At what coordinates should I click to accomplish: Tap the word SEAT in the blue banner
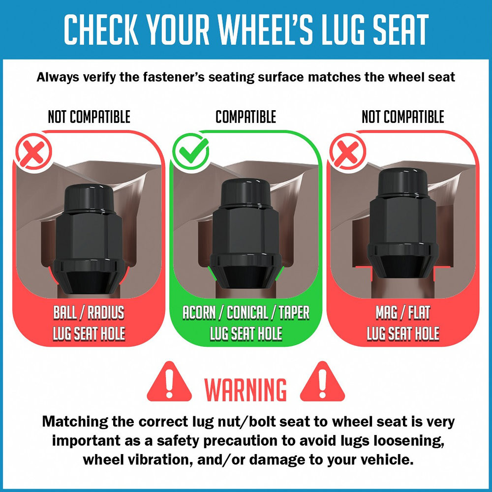tap(401, 30)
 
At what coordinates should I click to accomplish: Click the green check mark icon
tap(190, 151)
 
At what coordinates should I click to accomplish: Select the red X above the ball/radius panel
tap(33, 152)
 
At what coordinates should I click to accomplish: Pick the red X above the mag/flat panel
tap(348, 152)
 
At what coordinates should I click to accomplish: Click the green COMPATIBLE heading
tap(246, 117)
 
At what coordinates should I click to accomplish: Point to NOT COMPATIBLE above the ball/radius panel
tap(89, 117)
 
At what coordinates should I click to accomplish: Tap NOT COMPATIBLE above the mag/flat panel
tap(403, 117)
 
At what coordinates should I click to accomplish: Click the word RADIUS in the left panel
tap(106, 312)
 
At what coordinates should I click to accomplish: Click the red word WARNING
tap(246, 390)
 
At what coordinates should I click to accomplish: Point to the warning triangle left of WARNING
tap(169, 382)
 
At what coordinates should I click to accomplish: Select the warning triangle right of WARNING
tap(322, 382)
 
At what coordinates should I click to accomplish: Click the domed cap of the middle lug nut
tap(246, 192)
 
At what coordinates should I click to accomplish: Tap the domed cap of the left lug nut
tap(89, 198)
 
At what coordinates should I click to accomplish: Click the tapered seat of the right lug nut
tap(403, 266)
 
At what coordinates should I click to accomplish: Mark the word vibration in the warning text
tap(160, 460)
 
